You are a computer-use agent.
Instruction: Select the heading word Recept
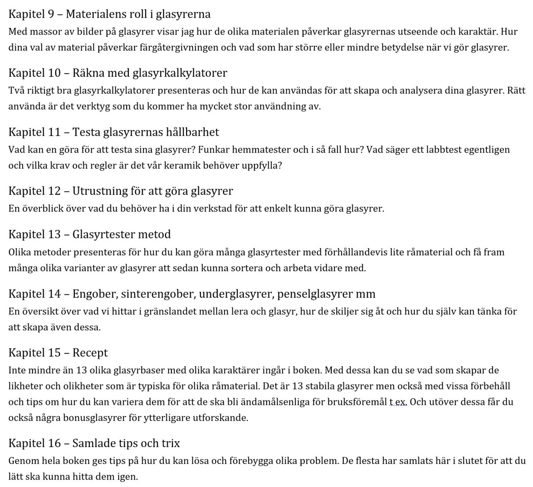90,353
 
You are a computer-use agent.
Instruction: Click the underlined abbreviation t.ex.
398,402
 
